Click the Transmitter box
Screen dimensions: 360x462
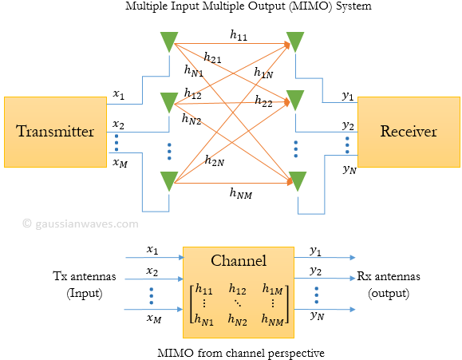click(56, 132)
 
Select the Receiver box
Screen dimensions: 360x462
click(409, 132)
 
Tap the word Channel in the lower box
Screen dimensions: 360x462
click(238, 261)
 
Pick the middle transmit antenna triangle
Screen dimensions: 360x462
click(168, 102)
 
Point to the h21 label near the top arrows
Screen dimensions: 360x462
click(213, 57)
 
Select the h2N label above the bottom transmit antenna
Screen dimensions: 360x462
click(214, 161)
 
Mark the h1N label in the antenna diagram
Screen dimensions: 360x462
click(264, 73)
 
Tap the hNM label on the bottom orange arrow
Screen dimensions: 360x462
click(242, 192)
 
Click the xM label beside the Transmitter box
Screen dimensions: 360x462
click(119, 163)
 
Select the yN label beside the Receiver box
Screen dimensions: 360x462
click(349, 168)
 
